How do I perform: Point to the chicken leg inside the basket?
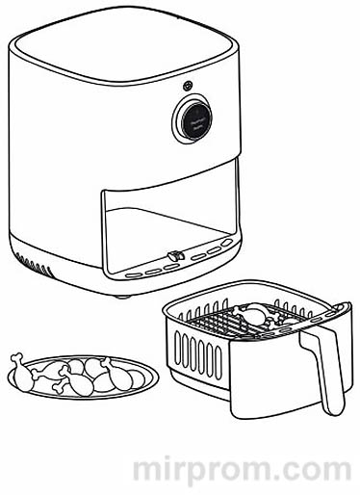[258, 315]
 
